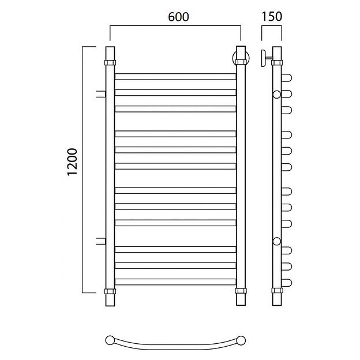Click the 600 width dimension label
(178, 17)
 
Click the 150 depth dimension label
(272, 17)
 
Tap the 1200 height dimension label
(73, 162)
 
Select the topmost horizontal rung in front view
(175, 77)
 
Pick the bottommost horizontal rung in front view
(175, 282)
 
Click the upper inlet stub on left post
(101, 94)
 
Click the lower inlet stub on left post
(101, 241)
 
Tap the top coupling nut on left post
(110, 63)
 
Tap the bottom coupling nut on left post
(110, 291)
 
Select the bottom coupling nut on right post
(241, 291)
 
